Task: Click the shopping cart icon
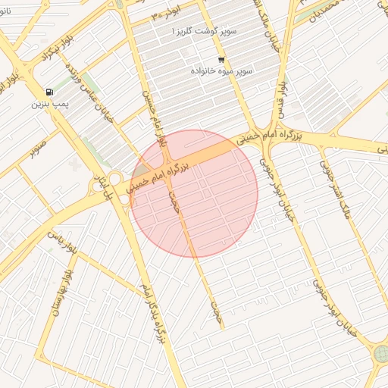[x=221, y=59]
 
